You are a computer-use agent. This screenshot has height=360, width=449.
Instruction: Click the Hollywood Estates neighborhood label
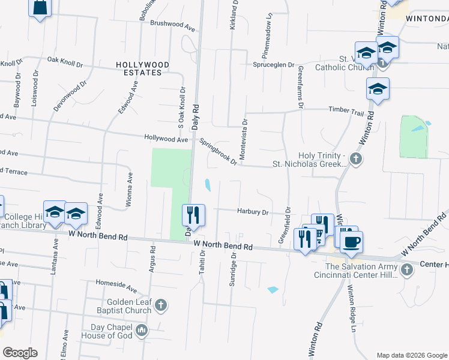(x=142, y=68)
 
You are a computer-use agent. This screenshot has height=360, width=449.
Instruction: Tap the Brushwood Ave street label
(x=173, y=28)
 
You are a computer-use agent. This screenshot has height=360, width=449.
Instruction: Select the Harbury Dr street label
(x=252, y=211)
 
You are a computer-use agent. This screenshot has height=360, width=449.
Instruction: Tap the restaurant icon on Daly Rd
(x=193, y=215)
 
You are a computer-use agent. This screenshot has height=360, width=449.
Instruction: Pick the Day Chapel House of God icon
(x=142, y=330)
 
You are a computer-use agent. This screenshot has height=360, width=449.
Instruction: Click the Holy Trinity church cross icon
(x=356, y=160)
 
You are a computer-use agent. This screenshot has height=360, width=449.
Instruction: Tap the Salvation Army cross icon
(x=407, y=269)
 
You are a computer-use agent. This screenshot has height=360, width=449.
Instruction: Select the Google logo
(x=20, y=353)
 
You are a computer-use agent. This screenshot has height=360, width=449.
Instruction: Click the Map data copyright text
(x=411, y=355)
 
